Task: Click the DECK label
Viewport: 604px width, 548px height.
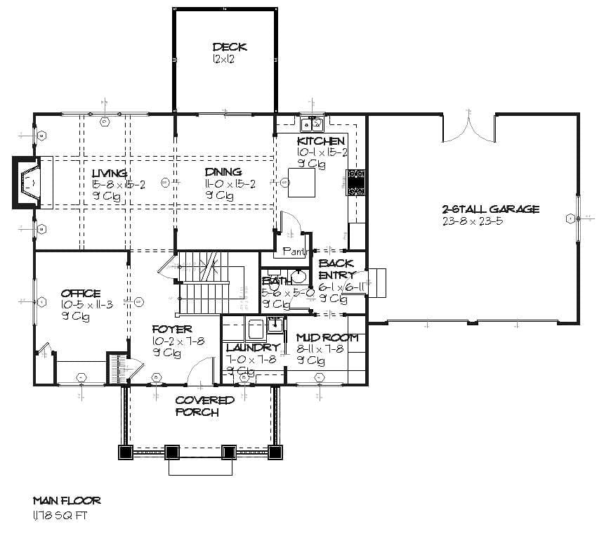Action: pyautogui.click(x=230, y=47)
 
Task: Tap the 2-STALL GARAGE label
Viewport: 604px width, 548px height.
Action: pyautogui.click(x=490, y=209)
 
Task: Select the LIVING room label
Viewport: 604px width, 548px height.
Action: pyautogui.click(x=110, y=173)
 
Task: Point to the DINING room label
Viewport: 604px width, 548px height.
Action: pyautogui.click(x=223, y=172)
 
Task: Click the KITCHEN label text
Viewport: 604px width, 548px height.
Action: pyautogui.click(x=321, y=141)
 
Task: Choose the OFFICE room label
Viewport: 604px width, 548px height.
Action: pyautogui.click(x=80, y=294)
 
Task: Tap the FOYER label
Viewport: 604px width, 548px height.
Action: pyautogui.click(x=172, y=329)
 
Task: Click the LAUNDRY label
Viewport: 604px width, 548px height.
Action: pyautogui.click(x=253, y=348)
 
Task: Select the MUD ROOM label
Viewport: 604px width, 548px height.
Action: pyautogui.click(x=327, y=338)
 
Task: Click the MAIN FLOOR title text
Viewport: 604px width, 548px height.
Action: pyautogui.click(x=67, y=501)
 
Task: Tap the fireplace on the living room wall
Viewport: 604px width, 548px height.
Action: pyautogui.click(x=28, y=182)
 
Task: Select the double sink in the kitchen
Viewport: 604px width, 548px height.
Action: pyautogui.click(x=311, y=125)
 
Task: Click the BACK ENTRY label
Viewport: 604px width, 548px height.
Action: pyautogui.click(x=336, y=269)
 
